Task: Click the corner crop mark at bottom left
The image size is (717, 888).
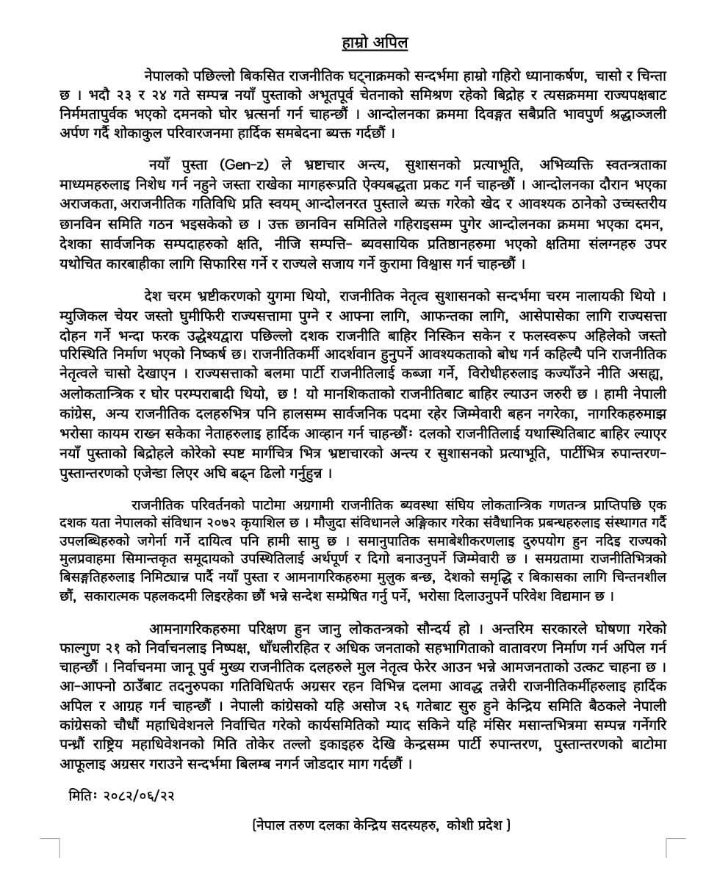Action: click(53, 845)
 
